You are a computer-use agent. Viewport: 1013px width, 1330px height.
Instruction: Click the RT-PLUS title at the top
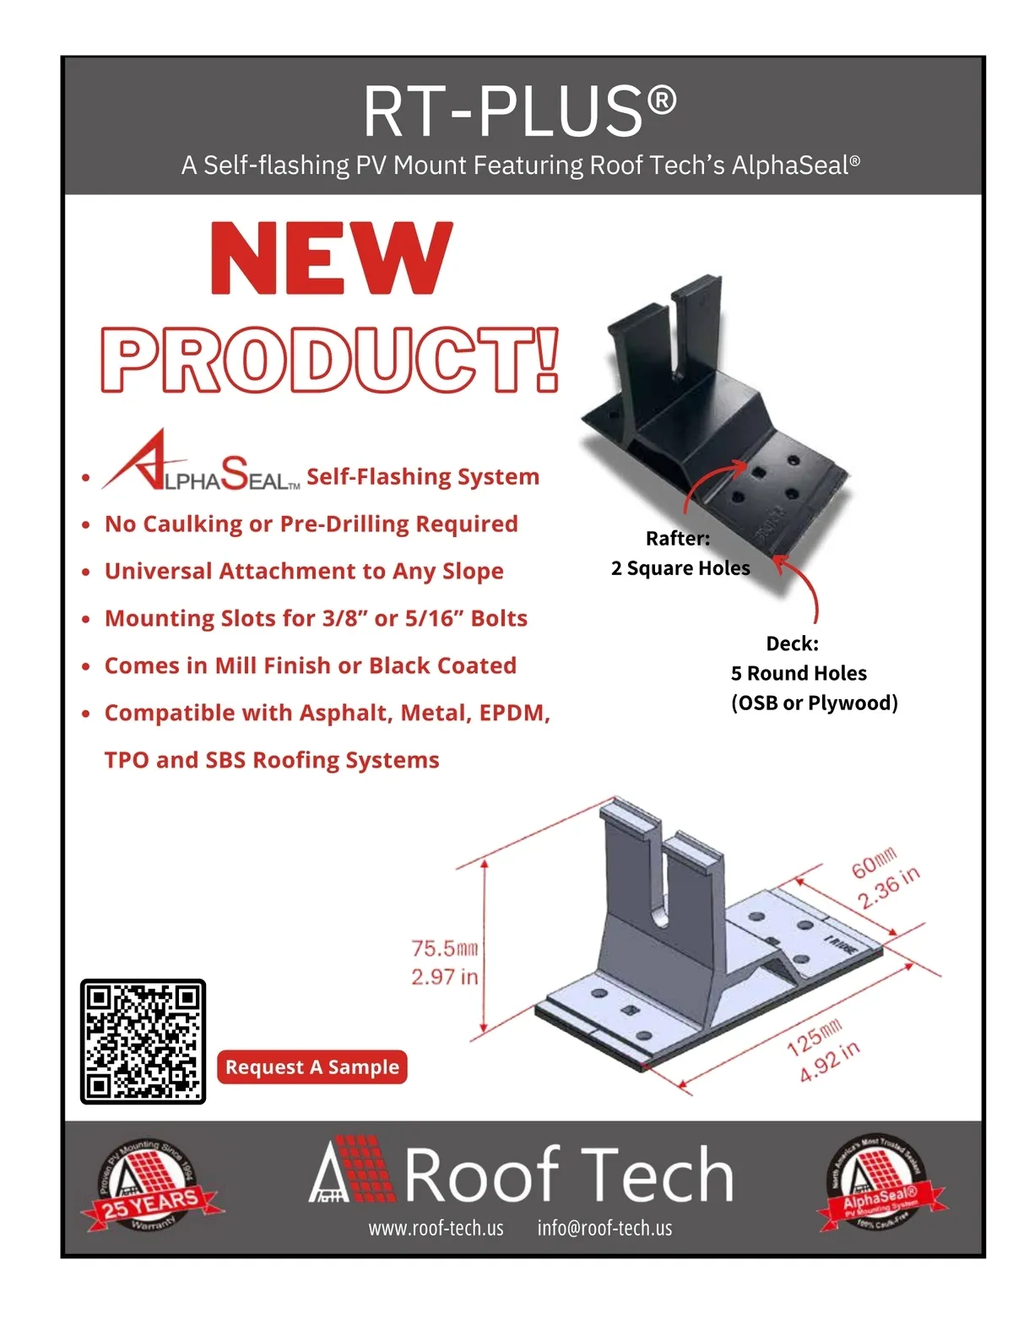(x=519, y=111)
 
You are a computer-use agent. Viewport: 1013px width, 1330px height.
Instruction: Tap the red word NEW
(x=332, y=258)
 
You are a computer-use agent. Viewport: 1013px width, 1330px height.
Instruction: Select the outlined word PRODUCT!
(x=330, y=361)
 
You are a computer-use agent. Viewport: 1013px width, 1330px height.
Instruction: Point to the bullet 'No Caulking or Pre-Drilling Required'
(x=311, y=524)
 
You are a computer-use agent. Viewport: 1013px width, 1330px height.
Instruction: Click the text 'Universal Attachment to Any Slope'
(x=304, y=572)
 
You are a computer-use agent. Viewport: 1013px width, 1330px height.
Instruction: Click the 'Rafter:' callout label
(x=677, y=539)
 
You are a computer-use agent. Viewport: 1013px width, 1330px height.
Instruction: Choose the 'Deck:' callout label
(x=792, y=644)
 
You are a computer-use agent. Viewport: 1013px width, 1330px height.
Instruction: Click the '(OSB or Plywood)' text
(x=814, y=703)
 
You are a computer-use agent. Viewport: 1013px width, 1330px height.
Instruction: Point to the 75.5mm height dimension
(x=444, y=949)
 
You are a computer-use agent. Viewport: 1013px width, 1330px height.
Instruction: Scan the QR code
(x=143, y=1041)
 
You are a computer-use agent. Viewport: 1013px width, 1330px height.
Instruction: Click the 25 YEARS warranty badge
(x=149, y=1189)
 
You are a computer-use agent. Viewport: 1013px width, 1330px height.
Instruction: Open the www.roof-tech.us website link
(x=436, y=1229)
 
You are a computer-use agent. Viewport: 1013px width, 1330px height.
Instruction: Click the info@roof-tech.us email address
(x=604, y=1229)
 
